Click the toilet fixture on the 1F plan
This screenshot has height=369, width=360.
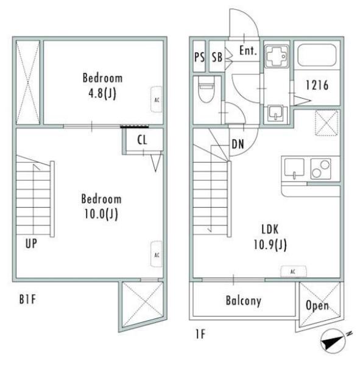pos(206,90)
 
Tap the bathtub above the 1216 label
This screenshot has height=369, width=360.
pos(317,55)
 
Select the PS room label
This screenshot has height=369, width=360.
pos(199,57)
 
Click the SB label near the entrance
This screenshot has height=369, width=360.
pos(217,57)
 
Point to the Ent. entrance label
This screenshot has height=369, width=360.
pos(248,51)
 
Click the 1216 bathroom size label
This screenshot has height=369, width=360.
pos(317,85)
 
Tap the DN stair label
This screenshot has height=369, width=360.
pos(238,144)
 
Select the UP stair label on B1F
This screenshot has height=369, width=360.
pos(31,244)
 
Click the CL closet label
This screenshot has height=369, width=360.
pos(142,140)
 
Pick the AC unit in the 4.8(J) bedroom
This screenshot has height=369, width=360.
pos(157,99)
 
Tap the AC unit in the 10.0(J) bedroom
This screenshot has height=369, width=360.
pos(157,255)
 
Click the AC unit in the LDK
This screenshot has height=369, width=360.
pos(294,272)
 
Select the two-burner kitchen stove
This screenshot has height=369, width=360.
pos(320,169)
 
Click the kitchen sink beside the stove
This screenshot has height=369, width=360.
pos(294,169)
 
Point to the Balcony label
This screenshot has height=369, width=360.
pos(244,301)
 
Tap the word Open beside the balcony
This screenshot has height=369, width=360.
pos(317,306)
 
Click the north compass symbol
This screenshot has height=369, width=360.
pos(333,342)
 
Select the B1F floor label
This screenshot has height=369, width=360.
pos(27,300)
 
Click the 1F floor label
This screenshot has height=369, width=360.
pos(200,334)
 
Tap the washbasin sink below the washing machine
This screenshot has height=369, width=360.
pos(276,113)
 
